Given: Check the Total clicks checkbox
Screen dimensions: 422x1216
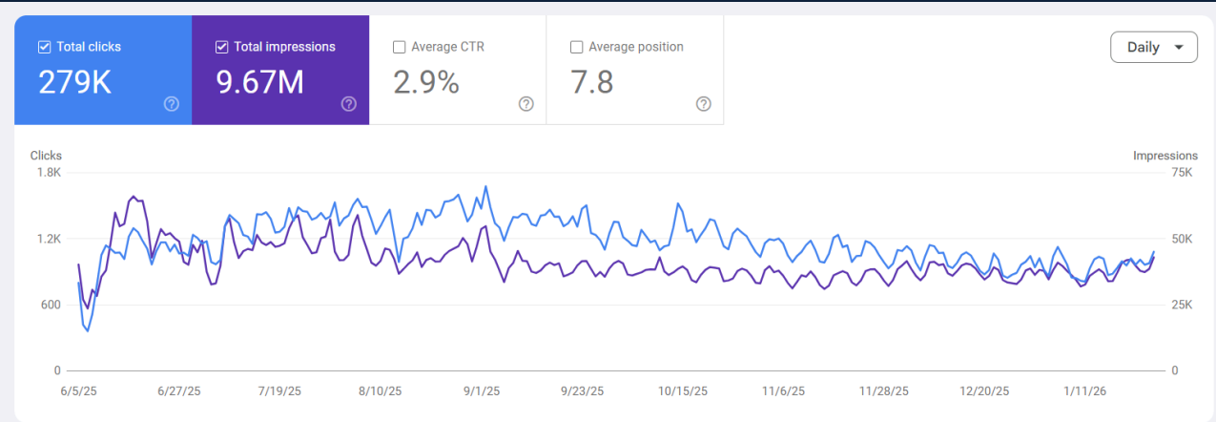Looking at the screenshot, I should (x=44, y=47).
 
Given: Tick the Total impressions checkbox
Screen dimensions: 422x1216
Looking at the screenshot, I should (x=221, y=47).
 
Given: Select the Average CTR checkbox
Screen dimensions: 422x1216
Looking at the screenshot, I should (x=399, y=47).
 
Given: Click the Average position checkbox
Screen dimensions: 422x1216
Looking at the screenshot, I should (x=576, y=47).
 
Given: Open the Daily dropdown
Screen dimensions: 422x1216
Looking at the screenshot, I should (x=1153, y=47).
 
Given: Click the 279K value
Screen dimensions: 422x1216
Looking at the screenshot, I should (x=74, y=83).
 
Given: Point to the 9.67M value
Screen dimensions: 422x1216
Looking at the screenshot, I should (x=259, y=83).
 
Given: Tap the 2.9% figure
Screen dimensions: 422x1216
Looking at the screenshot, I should (x=425, y=83).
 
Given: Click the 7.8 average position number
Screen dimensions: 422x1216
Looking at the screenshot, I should (x=591, y=83).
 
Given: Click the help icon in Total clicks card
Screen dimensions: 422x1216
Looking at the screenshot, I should (x=172, y=104).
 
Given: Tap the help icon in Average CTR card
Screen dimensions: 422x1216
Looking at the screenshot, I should (x=526, y=104).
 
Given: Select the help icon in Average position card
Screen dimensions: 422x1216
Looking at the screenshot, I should (x=703, y=104).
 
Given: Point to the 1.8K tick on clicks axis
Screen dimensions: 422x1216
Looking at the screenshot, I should (x=49, y=173).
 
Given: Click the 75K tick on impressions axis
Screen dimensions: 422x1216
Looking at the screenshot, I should (x=1181, y=173).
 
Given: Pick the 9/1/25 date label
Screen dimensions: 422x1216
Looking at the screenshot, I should (x=483, y=391).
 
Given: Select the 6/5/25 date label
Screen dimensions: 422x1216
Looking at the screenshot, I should (x=79, y=391).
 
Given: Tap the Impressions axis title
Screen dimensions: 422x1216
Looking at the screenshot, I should (x=1165, y=156).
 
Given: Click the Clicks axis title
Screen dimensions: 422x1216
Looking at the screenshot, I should (x=46, y=156).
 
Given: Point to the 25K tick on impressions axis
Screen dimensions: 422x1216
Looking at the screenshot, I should (x=1181, y=305).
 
